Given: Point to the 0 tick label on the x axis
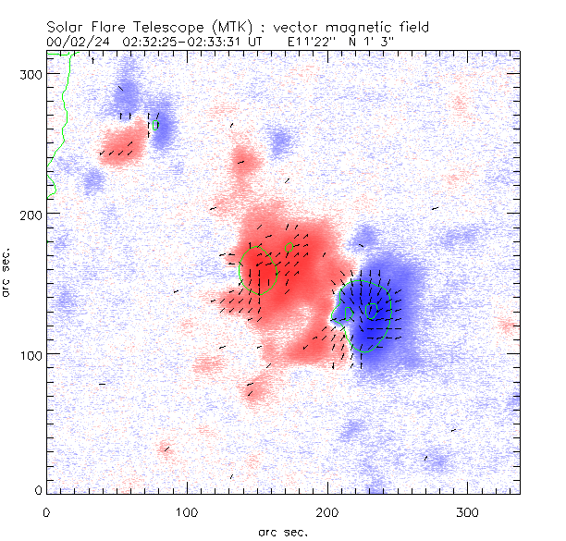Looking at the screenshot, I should point(46,511).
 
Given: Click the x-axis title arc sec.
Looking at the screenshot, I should point(284,531).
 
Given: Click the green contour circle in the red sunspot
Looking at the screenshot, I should point(258,269).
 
